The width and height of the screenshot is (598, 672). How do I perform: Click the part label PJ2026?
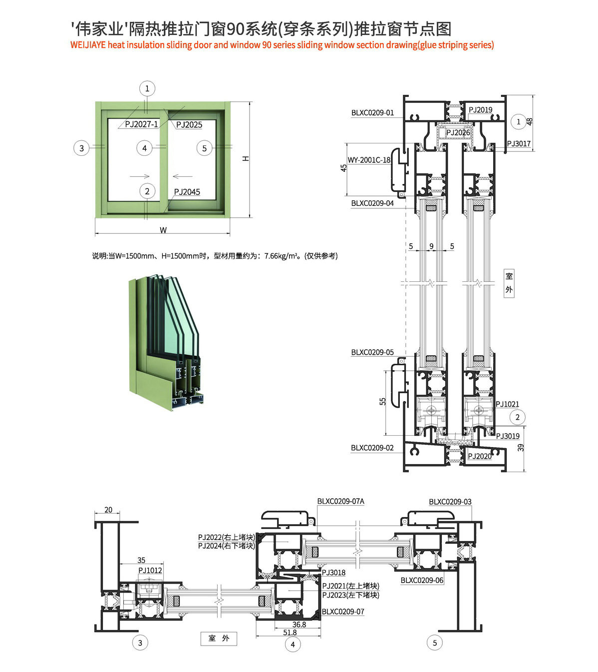pyautogui.click(x=458, y=132)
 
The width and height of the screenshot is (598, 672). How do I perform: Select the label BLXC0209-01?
pyautogui.click(x=372, y=113)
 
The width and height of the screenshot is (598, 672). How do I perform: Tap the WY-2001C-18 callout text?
pyautogui.click(x=369, y=160)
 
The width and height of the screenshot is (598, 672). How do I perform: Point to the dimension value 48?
pyautogui.click(x=530, y=121)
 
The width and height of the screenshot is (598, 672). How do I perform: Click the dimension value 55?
pyautogui.click(x=383, y=402)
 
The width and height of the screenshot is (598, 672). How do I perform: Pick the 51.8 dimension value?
pyautogui.click(x=290, y=633)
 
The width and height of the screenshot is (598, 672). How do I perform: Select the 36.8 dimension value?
pyautogui.click(x=299, y=625)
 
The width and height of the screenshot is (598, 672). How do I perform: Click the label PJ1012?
pyautogui.click(x=150, y=571)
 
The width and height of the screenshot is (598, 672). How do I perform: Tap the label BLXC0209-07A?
pyautogui.click(x=341, y=501)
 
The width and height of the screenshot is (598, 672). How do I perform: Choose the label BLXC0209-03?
pyautogui.click(x=450, y=502)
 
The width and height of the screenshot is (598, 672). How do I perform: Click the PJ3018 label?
pyautogui.click(x=333, y=573)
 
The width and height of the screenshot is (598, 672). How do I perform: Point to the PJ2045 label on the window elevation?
pyautogui.click(x=187, y=192)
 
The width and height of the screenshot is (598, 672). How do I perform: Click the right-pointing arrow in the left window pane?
pyautogui.click(x=140, y=176)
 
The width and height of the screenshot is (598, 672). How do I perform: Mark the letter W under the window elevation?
pyautogui.click(x=163, y=230)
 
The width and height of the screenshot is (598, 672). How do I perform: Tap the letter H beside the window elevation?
pyautogui.click(x=246, y=158)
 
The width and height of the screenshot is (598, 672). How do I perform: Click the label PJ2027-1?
pyautogui.click(x=142, y=124)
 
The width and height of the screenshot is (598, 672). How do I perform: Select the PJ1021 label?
pyautogui.click(x=507, y=404)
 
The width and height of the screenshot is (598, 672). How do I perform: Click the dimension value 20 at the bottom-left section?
pyautogui.click(x=108, y=510)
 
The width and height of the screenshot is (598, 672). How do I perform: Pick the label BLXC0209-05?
pyautogui.click(x=372, y=352)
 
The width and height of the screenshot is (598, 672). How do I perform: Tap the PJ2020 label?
pyautogui.click(x=480, y=456)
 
